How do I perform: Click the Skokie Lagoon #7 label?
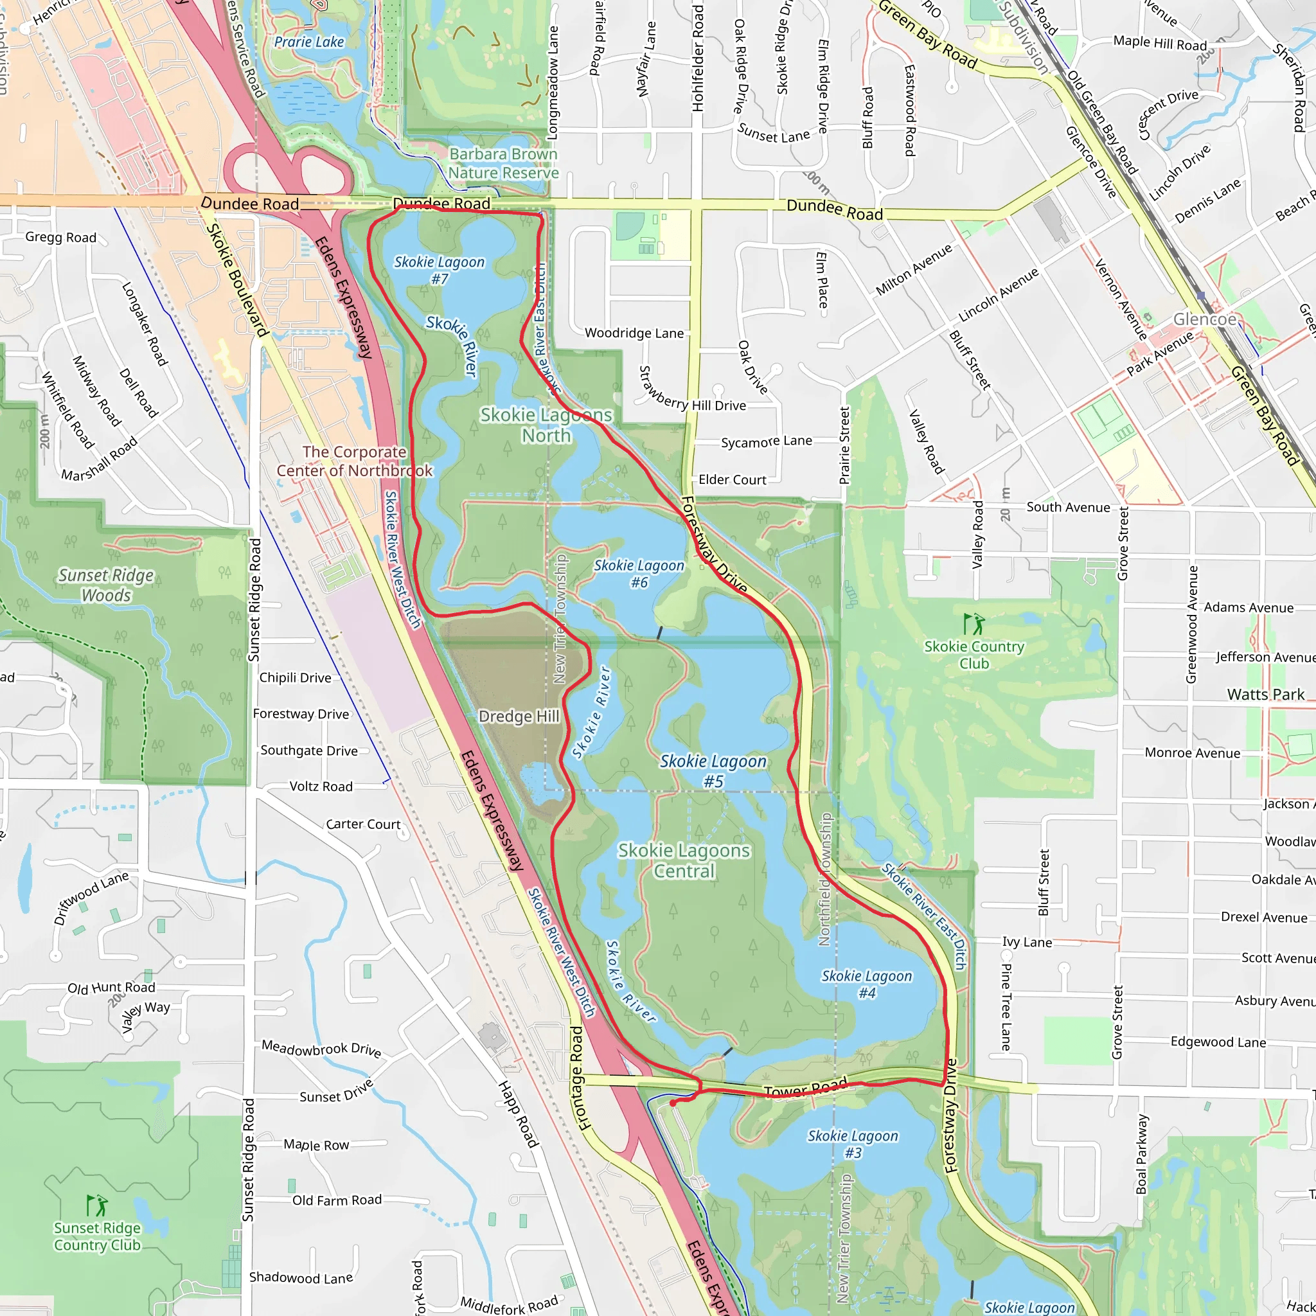click(x=440, y=270)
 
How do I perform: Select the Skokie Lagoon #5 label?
click(x=713, y=770)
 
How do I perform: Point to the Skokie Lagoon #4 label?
click(x=866, y=984)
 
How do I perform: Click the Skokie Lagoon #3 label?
click(x=853, y=1144)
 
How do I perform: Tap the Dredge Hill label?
click(x=519, y=716)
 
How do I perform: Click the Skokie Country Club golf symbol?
click(x=974, y=623)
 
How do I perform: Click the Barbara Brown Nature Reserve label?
click(x=503, y=163)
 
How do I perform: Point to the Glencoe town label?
click(x=1204, y=319)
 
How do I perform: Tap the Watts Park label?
click(x=1266, y=694)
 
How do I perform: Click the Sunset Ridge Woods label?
click(x=106, y=585)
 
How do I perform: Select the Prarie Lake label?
click(x=309, y=42)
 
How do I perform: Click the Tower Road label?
click(x=806, y=1088)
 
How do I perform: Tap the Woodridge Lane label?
click(x=634, y=333)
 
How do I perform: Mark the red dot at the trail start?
click(x=672, y=1103)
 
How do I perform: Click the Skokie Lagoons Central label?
click(x=684, y=860)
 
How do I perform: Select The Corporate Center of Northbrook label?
click(x=354, y=461)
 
